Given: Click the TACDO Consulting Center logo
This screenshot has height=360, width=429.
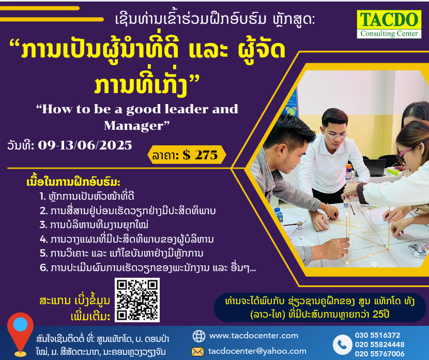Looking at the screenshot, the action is (389, 24).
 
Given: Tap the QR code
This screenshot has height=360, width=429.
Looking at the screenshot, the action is (137, 300).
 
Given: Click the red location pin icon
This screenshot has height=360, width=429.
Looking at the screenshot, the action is (20, 334).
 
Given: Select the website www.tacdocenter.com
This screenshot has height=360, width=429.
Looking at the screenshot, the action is (254, 336).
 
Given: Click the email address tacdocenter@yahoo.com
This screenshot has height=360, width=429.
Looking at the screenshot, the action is (257, 351).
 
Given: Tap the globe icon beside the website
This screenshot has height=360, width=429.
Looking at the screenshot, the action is (199, 336).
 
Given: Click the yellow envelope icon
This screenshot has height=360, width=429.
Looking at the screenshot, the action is (197, 352).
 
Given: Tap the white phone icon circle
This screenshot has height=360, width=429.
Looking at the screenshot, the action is (343, 344).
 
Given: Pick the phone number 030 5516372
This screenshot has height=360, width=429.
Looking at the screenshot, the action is (377, 335).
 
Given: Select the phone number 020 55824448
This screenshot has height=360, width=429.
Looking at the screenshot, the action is (380, 344).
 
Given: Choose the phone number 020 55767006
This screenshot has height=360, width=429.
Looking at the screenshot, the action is (380, 354).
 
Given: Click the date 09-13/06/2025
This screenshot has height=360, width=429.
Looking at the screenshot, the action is (85, 145).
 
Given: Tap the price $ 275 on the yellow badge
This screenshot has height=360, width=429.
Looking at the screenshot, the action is (200, 155).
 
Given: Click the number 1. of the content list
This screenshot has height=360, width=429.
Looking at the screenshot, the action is (42, 196).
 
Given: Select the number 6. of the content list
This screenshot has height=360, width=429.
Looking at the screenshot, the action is (44, 267).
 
